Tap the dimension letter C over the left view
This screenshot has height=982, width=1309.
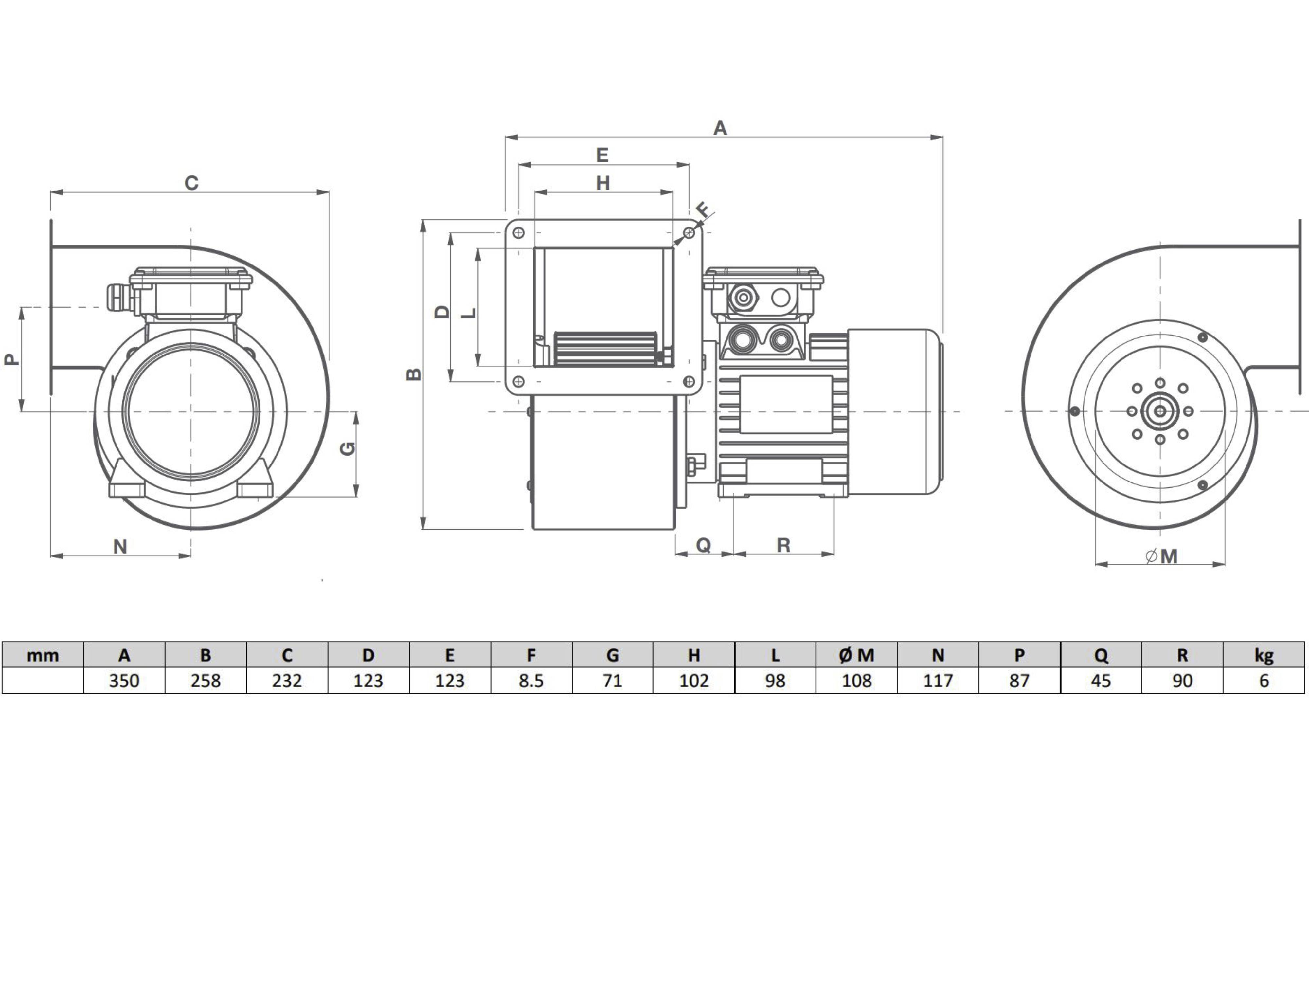pyautogui.click(x=191, y=183)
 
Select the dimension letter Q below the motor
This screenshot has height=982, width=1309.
pyautogui.click(x=703, y=545)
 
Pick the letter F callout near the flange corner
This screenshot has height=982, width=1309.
pyautogui.click(x=703, y=209)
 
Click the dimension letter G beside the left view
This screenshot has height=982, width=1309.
pyautogui.click(x=349, y=449)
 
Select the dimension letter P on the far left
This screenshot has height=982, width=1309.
pyautogui.click(x=11, y=359)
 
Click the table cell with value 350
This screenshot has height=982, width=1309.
pyautogui.click(x=124, y=681)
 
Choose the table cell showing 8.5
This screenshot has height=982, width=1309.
pyautogui.click(x=531, y=681)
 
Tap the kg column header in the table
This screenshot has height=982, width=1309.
pyautogui.click(x=1264, y=655)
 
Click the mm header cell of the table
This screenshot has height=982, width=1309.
pyautogui.click(x=43, y=655)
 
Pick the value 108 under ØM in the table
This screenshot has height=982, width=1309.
pyautogui.click(x=856, y=681)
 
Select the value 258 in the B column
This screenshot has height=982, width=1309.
pyautogui.click(x=205, y=681)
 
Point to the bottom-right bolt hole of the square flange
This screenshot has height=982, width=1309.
pyautogui.click(x=689, y=382)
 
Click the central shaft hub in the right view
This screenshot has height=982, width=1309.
pyautogui.click(x=1160, y=411)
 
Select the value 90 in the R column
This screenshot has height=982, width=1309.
pyautogui.click(x=1182, y=681)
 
